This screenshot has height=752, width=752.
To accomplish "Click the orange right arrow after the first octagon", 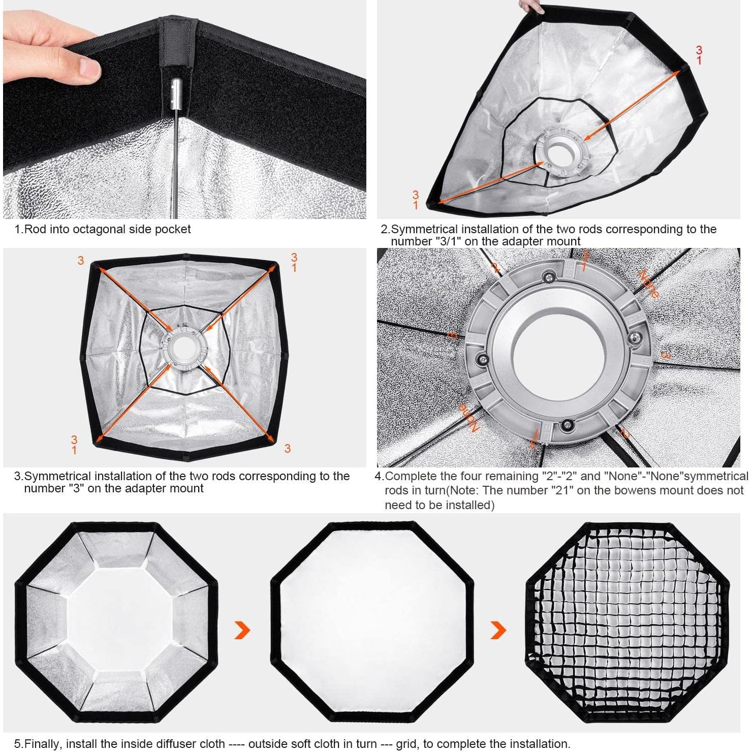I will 242,630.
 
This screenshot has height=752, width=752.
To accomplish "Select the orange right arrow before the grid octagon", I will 498,630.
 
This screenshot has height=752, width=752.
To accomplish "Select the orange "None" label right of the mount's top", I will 648,284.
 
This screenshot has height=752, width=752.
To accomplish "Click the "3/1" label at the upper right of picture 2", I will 700,55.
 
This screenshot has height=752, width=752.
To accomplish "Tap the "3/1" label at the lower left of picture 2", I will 416,200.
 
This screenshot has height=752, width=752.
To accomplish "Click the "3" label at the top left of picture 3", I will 81,261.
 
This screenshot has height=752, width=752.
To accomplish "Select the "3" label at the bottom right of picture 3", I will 288,448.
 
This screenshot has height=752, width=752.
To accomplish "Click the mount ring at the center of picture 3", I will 182,348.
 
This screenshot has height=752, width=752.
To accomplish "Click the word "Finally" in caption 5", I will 43,744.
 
